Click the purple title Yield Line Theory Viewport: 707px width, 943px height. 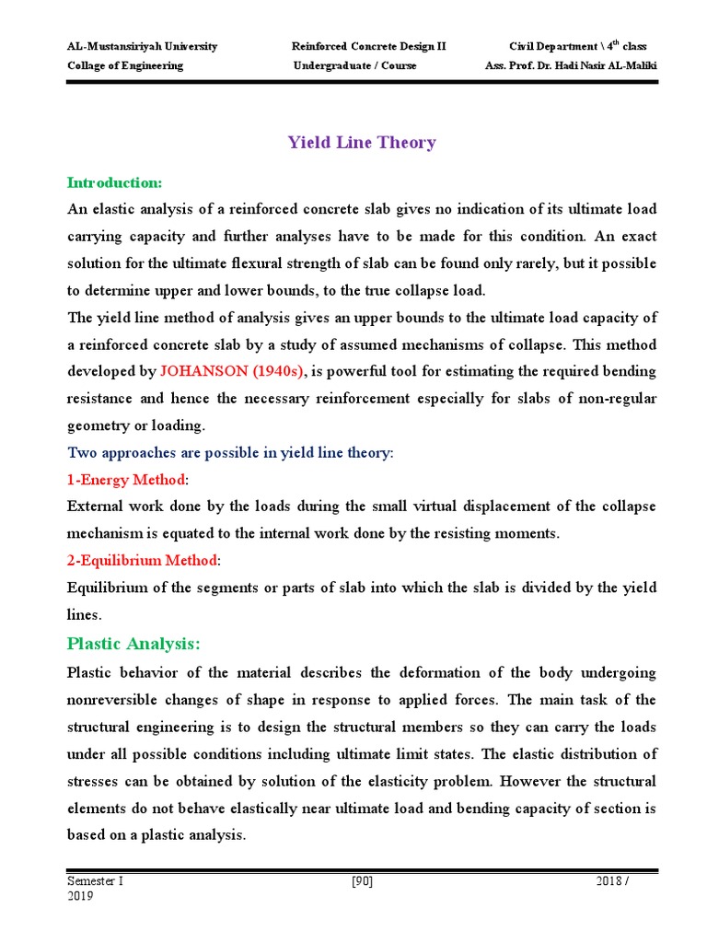[x=362, y=142]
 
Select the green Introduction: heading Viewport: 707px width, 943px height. [x=114, y=182]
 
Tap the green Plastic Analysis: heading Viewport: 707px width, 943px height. [x=133, y=643]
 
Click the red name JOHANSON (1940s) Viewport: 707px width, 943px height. [x=231, y=371]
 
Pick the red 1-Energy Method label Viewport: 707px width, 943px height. [x=126, y=480]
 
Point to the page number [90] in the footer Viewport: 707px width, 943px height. [x=362, y=881]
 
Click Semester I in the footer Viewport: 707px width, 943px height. [x=95, y=881]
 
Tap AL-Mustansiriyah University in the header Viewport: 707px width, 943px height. [x=143, y=46]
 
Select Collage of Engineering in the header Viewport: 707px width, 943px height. [x=125, y=65]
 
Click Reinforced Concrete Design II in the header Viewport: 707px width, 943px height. [x=368, y=46]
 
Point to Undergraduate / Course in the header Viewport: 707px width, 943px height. [x=354, y=65]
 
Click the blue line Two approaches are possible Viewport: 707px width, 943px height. [x=230, y=453]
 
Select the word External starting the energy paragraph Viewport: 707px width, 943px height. [x=94, y=506]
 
